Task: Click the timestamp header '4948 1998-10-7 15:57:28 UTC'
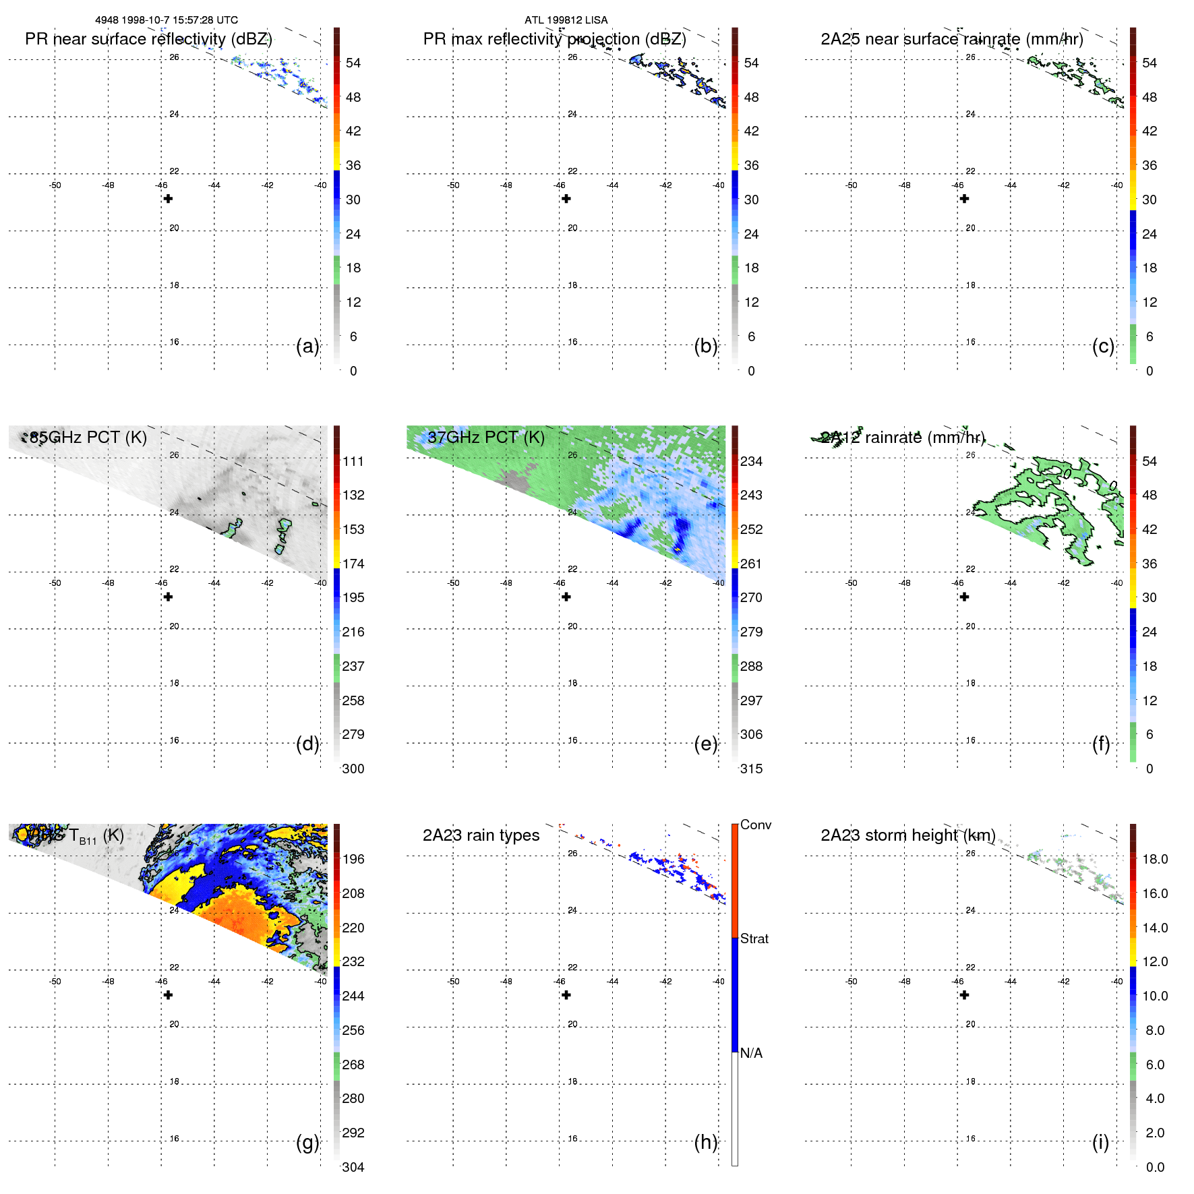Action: pyautogui.click(x=166, y=20)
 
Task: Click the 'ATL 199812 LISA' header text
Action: pyautogui.click(x=566, y=20)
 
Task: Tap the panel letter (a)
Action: pyautogui.click(x=307, y=346)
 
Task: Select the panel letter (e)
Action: pyautogui.click(x=705, y=744)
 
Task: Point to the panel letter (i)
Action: pyautogui.click(x=1100, y=1142)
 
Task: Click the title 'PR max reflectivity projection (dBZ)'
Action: pyautogui.click(x=554, y=39)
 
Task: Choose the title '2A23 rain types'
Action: pyautogui.click(x=481, y=835)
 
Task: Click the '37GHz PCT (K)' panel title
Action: pyautogui.click(x=486, y=438)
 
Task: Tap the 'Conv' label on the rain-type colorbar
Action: pyautogui.click(x=755, y=825)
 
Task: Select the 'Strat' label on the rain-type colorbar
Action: pyautogui.click(x=754, y=938)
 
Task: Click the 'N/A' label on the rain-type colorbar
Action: pyautogui.click(x=751, y=1053)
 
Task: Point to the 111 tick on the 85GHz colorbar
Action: pyautogui.click(x=353, y=461)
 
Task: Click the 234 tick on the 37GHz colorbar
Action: pyautogui.click(x=751, y=461)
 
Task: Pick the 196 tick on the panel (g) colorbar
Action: pyautogui.click(x=353, y=859)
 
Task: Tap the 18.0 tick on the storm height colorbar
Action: pyautogui.click(x=1155, y=859)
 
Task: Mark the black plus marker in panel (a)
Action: pyautogui.click(x=169, y=199)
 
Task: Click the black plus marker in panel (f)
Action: pyautogui.click(x=965, y=597)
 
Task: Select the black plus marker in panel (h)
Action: pyautogui.click(x=566, y=995)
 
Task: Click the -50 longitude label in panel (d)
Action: pyautogui.click(x=55, y=583)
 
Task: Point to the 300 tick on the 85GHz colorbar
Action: pyautogui.click(x=353, y=769)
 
